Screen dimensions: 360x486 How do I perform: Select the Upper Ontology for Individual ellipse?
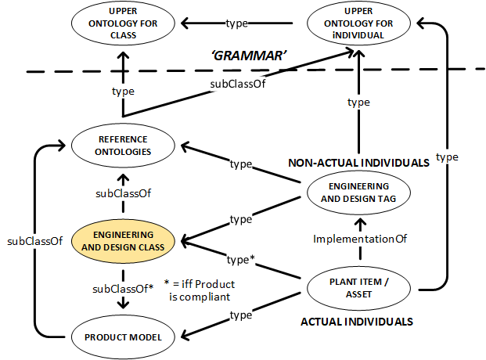click(x=358, y=24)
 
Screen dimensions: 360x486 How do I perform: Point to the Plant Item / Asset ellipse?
click(x=358, y=287)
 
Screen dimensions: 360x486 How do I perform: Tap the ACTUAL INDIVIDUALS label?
click(x=357, y=321)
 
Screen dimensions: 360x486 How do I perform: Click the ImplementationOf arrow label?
click(x=358, y=239)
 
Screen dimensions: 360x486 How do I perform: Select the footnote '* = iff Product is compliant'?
click(x=202, y=290)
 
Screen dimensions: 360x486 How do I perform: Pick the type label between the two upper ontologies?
click(x=237, y=23)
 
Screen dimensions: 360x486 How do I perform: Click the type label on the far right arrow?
click(x=447, y=157)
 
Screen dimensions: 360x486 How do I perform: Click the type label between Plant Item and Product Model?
click(x=240, y=315)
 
